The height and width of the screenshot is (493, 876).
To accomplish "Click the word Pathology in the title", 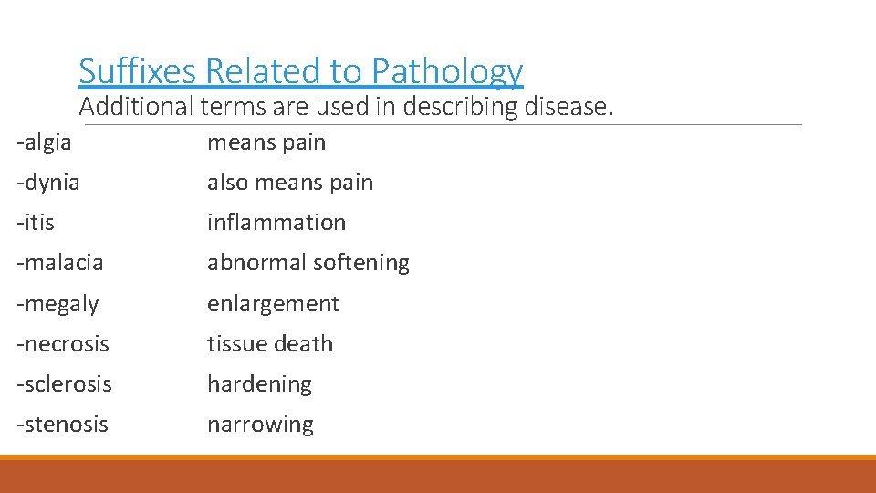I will (447, 71).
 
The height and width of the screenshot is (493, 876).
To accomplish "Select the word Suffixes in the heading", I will (139, 71).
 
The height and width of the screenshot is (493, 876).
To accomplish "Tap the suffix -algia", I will (44, 142).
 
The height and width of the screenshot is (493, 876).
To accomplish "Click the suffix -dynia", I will (48, 183).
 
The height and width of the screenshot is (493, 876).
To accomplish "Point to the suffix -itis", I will (36, 223).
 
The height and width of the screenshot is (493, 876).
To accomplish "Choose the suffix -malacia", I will (60, 263).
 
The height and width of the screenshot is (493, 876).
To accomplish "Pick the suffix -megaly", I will (57, 304).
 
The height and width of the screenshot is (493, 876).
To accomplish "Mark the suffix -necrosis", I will (63, 344).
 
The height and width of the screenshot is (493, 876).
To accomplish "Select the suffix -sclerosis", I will (64, 384).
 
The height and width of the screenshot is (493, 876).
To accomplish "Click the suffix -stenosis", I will (62, 425).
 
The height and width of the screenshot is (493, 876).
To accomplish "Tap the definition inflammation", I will (276, 223).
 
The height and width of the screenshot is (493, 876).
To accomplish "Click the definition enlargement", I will (273, 304).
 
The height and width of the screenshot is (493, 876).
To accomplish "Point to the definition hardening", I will (259, 384).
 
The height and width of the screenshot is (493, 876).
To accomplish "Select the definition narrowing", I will (260, 425).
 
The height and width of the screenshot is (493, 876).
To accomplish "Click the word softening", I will (361, 263).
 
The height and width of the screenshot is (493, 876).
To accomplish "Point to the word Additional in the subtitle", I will (136, 107).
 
